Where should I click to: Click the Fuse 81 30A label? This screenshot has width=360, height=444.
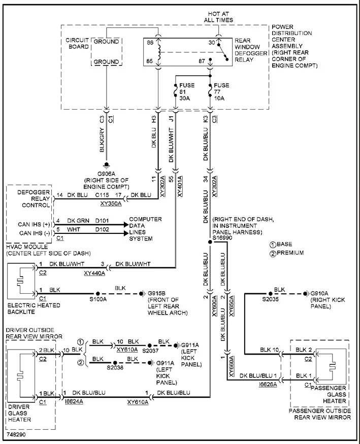tap(187, 92)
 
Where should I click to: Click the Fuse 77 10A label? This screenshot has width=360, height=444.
tap(221, 92)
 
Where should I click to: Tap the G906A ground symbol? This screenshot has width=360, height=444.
tap(107, 164)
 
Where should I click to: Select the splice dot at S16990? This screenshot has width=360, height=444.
tap(210, 242)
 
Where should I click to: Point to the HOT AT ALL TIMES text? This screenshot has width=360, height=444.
tap(218, 17)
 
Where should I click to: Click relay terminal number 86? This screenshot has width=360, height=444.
tap(150, 43)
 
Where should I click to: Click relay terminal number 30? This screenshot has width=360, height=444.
tap(212, 43)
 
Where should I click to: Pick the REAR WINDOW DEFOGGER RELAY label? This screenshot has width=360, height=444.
tap(247, 50)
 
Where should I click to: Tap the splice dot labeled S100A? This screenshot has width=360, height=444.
tap(97, 294)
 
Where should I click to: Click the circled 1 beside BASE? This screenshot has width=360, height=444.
tap(273, 245)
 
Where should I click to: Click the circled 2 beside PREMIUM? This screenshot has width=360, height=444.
tap(273, 253)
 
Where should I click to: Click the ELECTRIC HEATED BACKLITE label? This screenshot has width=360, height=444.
tap(34, 309)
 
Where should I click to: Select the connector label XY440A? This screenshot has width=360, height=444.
tap(94, 274)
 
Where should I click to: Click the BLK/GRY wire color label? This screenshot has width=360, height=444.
tap(102, 140)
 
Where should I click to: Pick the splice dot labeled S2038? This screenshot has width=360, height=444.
tap(115, 363)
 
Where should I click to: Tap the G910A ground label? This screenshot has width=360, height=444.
tap(319, 293)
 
